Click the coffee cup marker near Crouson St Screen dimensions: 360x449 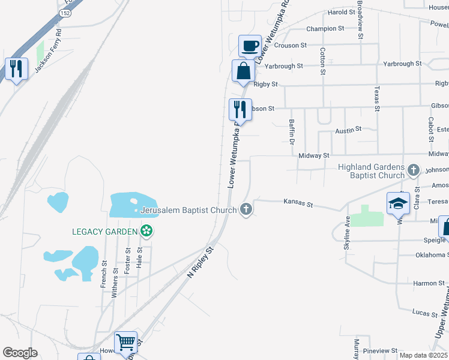(x=250, y=46)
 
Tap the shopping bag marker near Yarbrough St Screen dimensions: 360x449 (x=243, y=71)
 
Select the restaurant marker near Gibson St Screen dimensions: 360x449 (x=240, y=109)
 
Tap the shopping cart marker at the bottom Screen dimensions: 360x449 (x=125, y=343)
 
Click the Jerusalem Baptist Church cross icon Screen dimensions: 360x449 (x=246, y=209)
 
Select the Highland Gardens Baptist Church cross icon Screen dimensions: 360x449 (x=413, y=170)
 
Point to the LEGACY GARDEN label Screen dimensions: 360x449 (x=104, y=231)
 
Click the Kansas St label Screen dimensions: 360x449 (x=298, y=205)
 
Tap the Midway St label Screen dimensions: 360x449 (x=314, y=155)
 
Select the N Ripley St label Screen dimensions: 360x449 (x=200, y=263)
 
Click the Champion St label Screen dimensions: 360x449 (x=325, y=28)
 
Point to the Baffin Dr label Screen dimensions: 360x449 (x=292, y=132)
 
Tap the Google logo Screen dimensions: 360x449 (x=20, y=353)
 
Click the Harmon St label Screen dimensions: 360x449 (x=429, y=283)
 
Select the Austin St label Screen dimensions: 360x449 (x=348, y=129)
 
